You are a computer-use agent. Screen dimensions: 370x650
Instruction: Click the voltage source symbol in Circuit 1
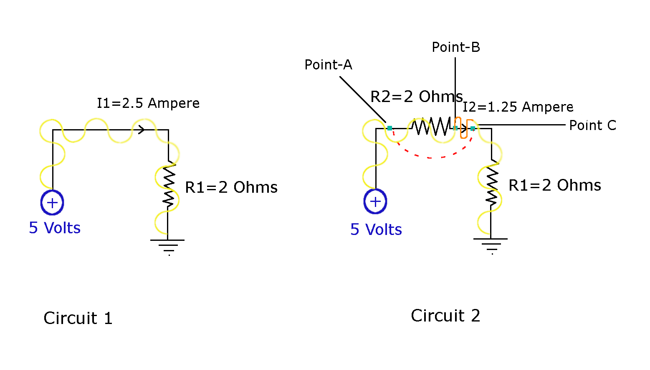click(x=52, y=203)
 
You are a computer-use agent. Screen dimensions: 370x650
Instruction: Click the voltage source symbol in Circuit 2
click(x=375, y=202)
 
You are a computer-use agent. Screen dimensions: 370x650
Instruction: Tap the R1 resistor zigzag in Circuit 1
click(x=168, y=185)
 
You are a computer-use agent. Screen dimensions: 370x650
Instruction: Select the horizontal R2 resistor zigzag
click(x=432, y=126)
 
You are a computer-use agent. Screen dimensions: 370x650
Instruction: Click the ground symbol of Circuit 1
click(x=168, y=246)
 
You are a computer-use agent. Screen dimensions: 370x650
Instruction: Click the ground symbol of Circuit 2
click(x=491, y=245)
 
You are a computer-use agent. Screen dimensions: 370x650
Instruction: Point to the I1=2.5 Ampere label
click(x=148, y=103)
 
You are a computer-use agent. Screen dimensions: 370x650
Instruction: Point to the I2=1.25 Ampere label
click(x=518, y=107)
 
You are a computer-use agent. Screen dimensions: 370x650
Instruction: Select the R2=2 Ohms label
click(x=417, y=97)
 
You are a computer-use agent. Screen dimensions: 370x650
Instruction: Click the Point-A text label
click(x=328, y=65)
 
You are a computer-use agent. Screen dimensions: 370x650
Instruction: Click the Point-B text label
click(x=456, y=47)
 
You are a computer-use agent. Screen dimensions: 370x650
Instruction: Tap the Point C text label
click(x=593, y=125)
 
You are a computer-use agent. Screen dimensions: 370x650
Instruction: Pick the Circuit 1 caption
click(x=78, y=318)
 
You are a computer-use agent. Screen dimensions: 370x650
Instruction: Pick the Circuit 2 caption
click(x=445, y=316)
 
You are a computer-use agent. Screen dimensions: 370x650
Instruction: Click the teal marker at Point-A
click(x=389, y=128)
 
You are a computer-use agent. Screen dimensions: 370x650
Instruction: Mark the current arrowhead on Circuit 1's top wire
click(x=142, y=130)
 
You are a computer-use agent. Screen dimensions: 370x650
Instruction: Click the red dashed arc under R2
click(x=430, y=157)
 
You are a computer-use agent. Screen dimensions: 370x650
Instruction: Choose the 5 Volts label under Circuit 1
click(x=55, y=228)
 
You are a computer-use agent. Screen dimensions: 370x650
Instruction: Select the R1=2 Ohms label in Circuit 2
click(x=555, y=185)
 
